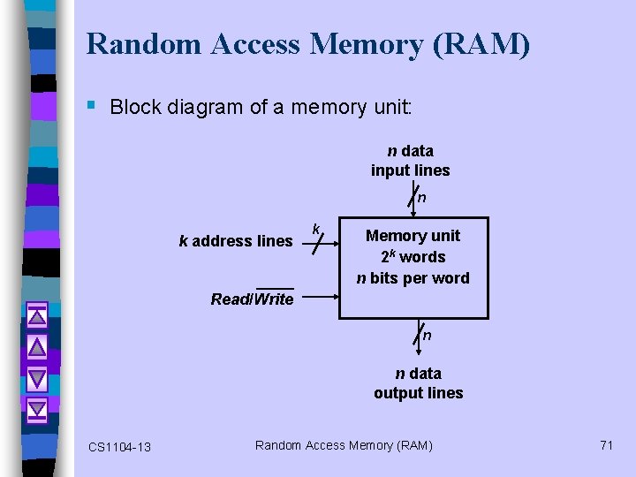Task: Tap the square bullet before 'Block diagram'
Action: click(x=92, y=106)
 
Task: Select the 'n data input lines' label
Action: click(x=410, y=161)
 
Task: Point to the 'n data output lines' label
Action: click(x=418, y=383)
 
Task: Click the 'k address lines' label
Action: click(x=235, y=241)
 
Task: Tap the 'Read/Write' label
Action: click(x=252, y=299)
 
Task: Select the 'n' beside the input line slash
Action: click(x=422, y=199)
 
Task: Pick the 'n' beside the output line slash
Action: click(x=427, y=336)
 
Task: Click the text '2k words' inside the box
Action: click(x=413, y=257)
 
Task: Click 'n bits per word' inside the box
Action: click(x=413, y=278)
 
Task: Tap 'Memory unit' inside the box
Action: click(x=413, y=236)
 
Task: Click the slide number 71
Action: click(x=606, y=445)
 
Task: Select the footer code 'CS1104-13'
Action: click(x=119, y=447)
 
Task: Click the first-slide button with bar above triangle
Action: click(x=36, y=314)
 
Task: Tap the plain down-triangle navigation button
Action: click(x=36, y=377)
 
